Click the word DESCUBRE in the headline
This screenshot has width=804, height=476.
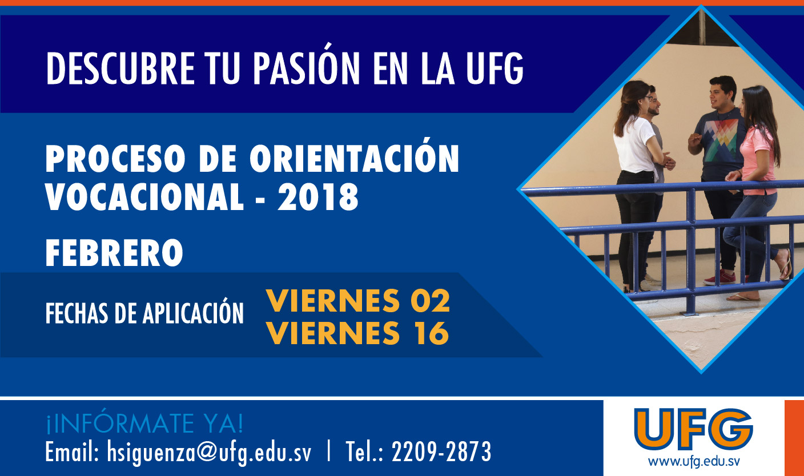[x=120, y=68]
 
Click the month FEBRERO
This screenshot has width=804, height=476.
[x=114, y=253]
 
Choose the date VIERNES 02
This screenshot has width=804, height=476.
[x=358, y=300]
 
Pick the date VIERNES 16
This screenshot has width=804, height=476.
[x=357, y=333]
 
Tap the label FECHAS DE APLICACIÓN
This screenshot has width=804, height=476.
[x=144, y=313]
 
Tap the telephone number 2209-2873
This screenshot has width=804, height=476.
[x=441, y=451]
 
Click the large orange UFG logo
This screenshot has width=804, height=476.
[x=693, y=429]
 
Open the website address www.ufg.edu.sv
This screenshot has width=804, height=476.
[x=694, y=461]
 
